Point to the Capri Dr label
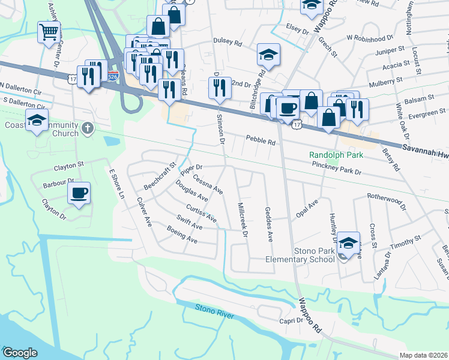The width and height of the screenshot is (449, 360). pyautogui.click(x=292, y=320)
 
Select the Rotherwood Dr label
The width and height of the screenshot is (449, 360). pyautogui.click(x=387, y=197)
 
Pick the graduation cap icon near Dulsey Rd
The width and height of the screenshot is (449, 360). pyautogui.click(x=268, y=55)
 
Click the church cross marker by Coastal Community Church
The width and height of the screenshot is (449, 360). pyautogui.click(x=88, y=128)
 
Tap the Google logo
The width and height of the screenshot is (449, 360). pyautogui.click(x=20, y=352)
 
